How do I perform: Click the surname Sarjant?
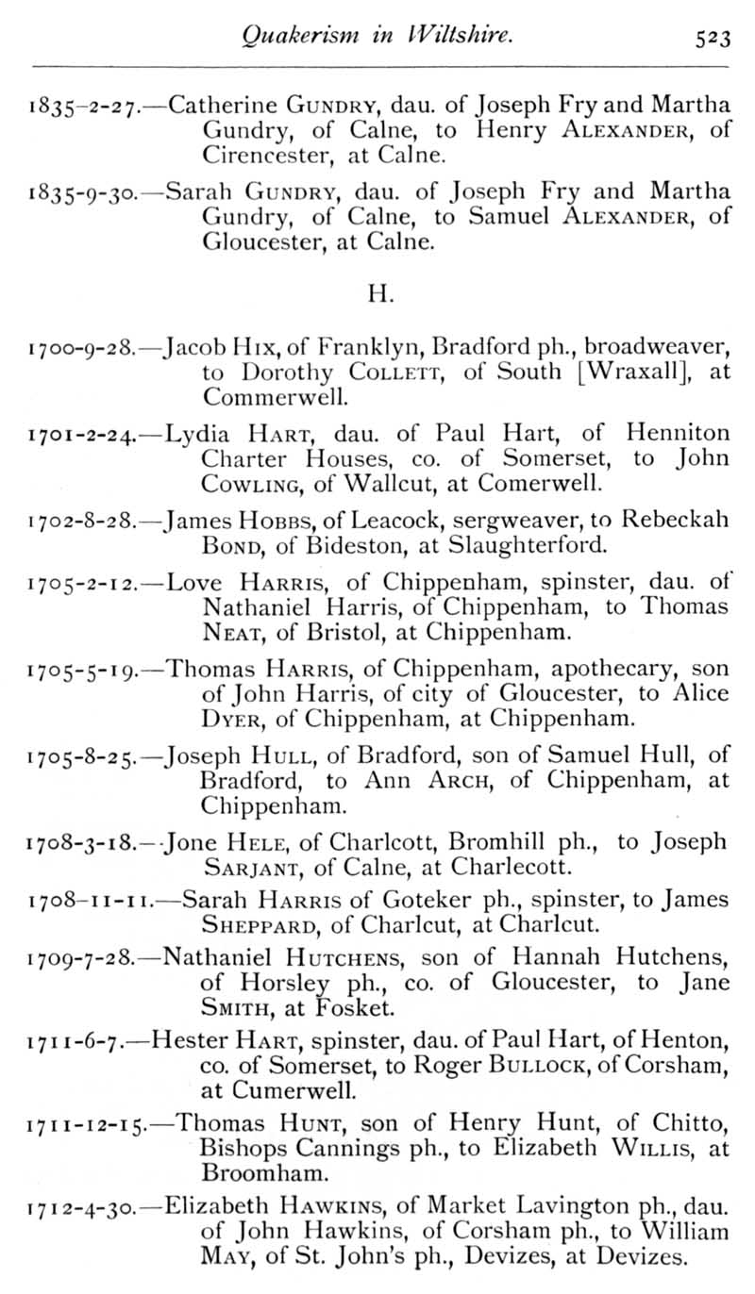pyautogui.click(x=245, y=866)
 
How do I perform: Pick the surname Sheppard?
pyautogui.click(x=257, y=926)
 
